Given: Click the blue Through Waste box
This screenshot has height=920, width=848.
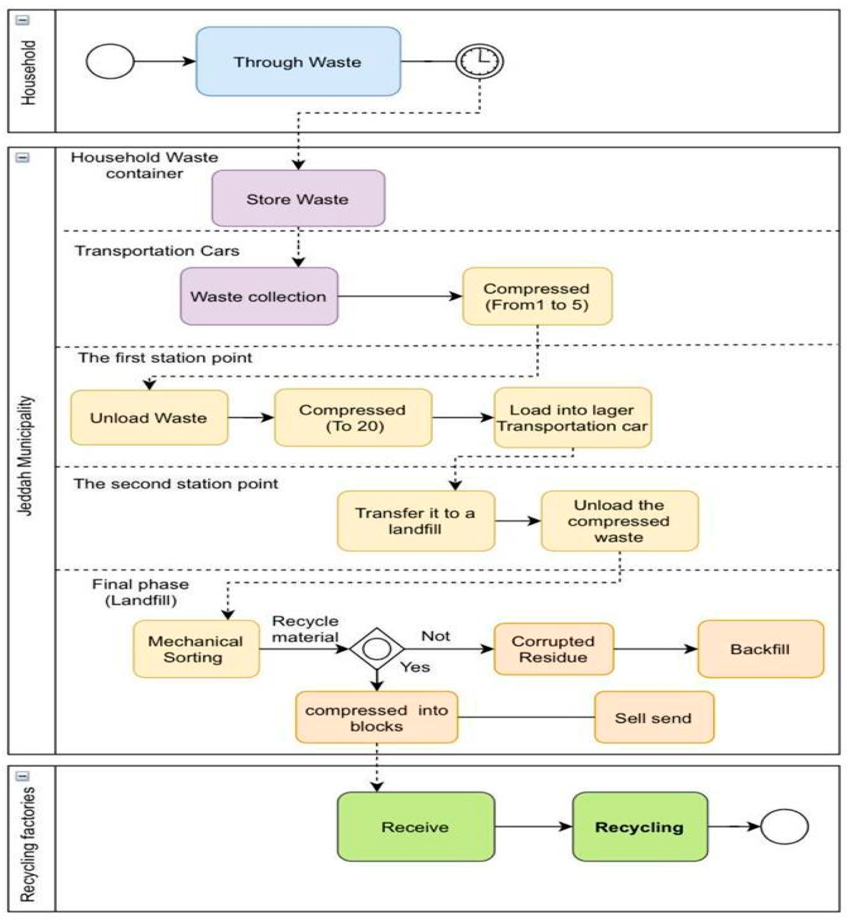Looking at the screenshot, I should coord(298,61).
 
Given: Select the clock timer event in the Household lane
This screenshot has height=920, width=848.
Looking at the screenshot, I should coord(479,61).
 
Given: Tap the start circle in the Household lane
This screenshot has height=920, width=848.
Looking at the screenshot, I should coord(110,61).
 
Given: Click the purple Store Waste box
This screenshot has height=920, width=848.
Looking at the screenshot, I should coord(298,199).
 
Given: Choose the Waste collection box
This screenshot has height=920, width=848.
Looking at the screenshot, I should coord(259,296).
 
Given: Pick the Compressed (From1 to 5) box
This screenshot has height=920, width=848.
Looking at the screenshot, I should coord(537,296).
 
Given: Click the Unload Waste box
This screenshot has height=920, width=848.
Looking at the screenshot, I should coord(149,417).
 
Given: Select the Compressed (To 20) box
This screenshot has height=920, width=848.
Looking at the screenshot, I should coord(353,417).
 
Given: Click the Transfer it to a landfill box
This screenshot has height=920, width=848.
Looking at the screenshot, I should coord(416,521).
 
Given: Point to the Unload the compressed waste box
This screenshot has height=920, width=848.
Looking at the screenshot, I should coord(619,521).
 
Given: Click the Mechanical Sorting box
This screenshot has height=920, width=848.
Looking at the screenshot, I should coord(196,649).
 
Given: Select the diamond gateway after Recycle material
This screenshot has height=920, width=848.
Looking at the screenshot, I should coord(377,649).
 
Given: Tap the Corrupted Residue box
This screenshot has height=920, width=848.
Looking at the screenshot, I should coord(553,649).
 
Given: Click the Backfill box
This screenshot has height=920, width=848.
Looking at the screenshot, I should coord(760,649).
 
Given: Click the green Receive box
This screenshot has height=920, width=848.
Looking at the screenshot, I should coord(416,827).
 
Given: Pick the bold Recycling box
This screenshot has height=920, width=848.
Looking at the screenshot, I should coord(640,827).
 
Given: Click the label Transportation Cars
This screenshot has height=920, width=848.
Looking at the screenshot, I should coord(157,251).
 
